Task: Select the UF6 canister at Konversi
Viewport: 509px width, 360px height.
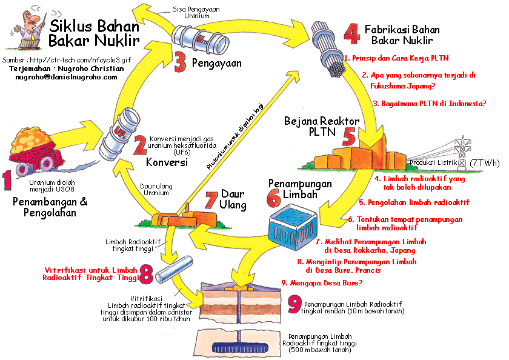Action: click(x=125, y=130)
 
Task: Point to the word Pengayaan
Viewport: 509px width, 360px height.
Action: click(x=216, y=62)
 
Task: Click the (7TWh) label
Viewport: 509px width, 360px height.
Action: click(x=485, y=164)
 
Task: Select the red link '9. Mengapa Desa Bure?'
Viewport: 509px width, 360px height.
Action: click(x=322, y=282)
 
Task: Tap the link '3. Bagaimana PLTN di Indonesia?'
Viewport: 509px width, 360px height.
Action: click(x=429, y=104)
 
